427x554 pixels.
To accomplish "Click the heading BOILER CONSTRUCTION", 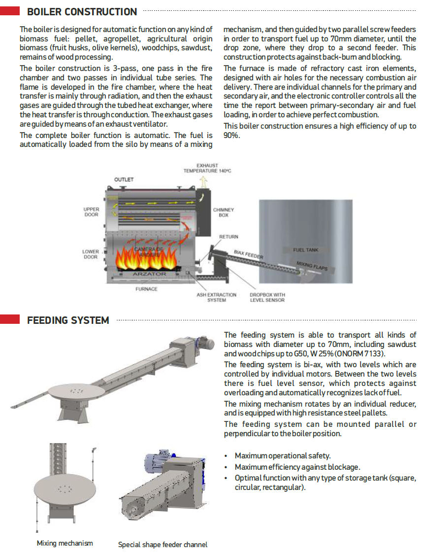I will (x=82, y=11).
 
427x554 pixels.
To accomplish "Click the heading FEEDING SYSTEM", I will (x=68, y=320).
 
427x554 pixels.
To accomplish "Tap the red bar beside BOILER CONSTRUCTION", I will (x=10, y=10).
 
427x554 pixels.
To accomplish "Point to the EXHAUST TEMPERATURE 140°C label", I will (x=207, y=168).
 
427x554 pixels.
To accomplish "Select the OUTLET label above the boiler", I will (x=124, y=179).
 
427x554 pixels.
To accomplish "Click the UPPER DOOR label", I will (x=91, y=212).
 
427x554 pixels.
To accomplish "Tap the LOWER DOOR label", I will (x=91, y=254).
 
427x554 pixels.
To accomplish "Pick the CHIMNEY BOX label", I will (x=224, y=212).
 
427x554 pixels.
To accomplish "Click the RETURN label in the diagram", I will (x=229, y=237).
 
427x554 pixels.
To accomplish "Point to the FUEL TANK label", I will (x=305, y=250).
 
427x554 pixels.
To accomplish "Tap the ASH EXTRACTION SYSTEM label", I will (x=216, y=297).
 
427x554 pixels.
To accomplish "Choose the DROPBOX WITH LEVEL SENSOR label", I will (x=267, y=297).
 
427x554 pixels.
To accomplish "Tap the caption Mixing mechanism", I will (x=65, y=543).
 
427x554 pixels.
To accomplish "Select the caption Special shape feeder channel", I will (x=163, y=545).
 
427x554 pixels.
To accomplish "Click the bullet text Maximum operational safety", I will (x=282, y=456).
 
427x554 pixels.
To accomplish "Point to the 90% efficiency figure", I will (x=231, y=135).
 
